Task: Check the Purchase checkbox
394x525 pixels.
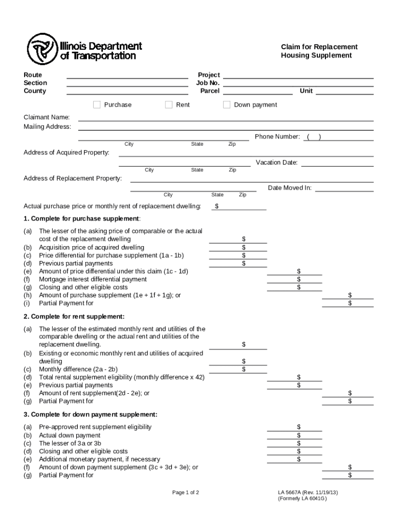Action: coord(97,105)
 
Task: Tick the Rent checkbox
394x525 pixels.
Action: coord(169,105)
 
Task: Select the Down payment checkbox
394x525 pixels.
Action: coord(227,105)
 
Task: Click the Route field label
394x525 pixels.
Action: coord(33,75)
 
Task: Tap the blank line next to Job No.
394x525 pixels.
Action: coord(298,83)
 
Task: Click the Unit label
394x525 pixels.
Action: coord(306,91)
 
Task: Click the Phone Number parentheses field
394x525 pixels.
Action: coord(313,137)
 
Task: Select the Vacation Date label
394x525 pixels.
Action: coord(276,163)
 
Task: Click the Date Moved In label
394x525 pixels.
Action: coord(290,188)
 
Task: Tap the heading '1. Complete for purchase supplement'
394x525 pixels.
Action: coord(82,219)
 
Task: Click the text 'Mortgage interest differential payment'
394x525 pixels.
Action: coord(93,279)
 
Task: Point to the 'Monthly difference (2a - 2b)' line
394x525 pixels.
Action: coord(78,369)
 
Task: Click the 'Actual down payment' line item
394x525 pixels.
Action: coord(70,435)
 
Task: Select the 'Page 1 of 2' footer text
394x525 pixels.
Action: coord(185,493)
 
